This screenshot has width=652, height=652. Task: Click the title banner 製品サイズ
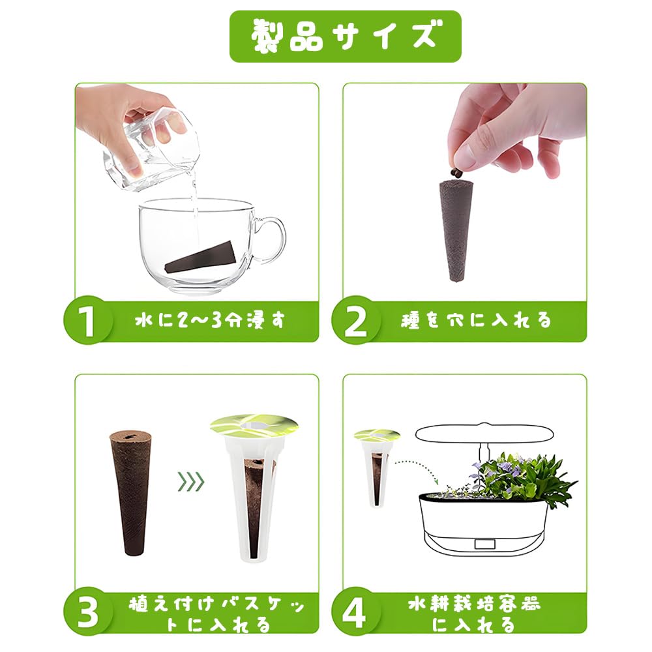[x=345, y=37]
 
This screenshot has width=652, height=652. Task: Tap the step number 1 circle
[x=88, y=321]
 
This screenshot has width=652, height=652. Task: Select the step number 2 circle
[x=355, y=321]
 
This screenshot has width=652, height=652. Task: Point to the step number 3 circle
[x=88, y=612]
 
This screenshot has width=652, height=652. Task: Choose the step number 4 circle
[x=355, y=612]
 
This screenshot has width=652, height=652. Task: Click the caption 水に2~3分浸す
[x=210, y=321]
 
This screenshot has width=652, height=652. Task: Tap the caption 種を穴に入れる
[x=476, y=321]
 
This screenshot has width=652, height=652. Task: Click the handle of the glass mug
[x=271, y=241]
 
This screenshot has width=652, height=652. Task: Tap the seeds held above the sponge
[x=456, y=173]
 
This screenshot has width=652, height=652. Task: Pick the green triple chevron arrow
[x=191, y=482]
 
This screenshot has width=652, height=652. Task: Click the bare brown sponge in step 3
[x=130, y=492]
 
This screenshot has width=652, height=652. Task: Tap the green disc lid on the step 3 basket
[x=254, y=426]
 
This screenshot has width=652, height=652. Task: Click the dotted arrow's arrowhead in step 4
[x=436, y=480]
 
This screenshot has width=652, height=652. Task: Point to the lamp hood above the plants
[x=484, y=434]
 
